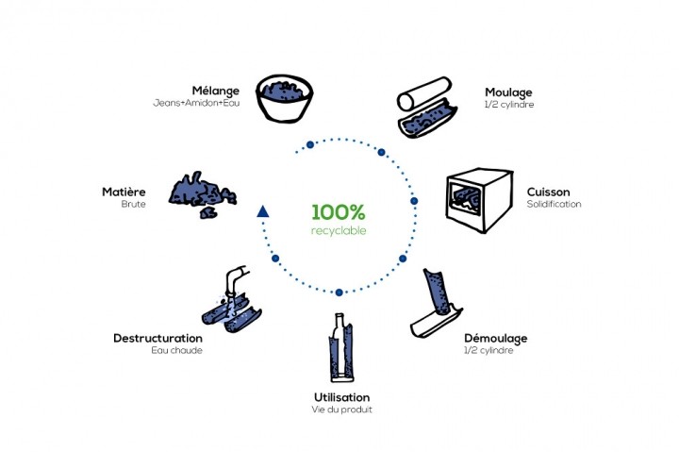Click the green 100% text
[x=339, y=211]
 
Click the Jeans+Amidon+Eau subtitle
[x=197, y=103]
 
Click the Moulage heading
[x=508, y=92]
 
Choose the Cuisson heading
[x=547, y=192]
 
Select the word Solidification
[x=555, y=204]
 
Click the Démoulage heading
[x=496, y=337]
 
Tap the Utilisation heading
[x=341, y=396]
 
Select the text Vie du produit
[x=341, y=409]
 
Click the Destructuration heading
[x=157, y=337]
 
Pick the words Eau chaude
[x=176, y=349]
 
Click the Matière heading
[x=124, y=192]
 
